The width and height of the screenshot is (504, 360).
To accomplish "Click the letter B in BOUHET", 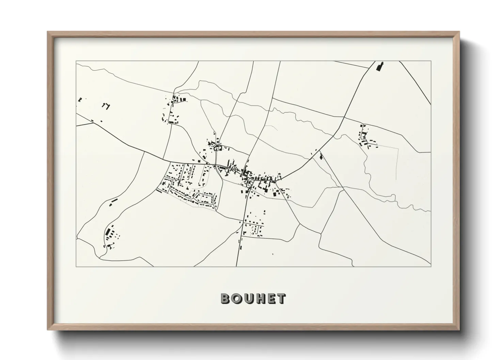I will tap(225, 298).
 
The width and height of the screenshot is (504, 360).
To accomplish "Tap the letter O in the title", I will tap(237, 298).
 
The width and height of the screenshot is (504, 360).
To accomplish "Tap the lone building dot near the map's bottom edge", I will tap(272, 254).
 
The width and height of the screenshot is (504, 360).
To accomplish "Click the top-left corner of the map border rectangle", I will tap(76, 61).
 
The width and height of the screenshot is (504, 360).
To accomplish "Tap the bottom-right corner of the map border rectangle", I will tap(431, 266).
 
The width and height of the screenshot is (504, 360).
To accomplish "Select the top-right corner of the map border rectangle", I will tap(431, 61).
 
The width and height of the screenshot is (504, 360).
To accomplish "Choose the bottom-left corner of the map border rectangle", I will tap(76, 266).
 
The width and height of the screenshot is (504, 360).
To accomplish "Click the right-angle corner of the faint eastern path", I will tap(398, 148).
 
